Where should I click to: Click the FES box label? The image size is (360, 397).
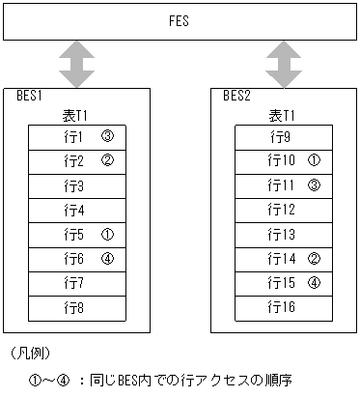click(x=180, y=19)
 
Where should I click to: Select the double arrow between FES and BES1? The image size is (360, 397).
click(x=76, y=64)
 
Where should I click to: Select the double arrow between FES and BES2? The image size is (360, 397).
click(x=283, y=64)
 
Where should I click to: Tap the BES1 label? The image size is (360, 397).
click(x=31, y=96)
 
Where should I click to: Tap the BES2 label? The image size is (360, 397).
click(x=237, y=96)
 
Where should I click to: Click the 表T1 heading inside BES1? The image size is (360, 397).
click(x=76, y=116)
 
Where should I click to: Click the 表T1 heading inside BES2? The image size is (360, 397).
click(x=283, y=116)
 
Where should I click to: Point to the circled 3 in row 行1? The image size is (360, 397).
click(x=107, y=136)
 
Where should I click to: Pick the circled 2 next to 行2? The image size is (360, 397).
click(x=107, y=160)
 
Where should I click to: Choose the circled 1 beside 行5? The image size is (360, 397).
click(x=107, y=234)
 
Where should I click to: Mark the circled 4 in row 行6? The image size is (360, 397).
click(x=107, y=258)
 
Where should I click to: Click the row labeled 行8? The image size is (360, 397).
click(x=76, y=307)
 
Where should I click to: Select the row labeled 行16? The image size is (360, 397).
click(x=283, y=307)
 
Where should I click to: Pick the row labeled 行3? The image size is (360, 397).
click(x=76, y=185)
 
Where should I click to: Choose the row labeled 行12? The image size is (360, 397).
click(x=283, y=210)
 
